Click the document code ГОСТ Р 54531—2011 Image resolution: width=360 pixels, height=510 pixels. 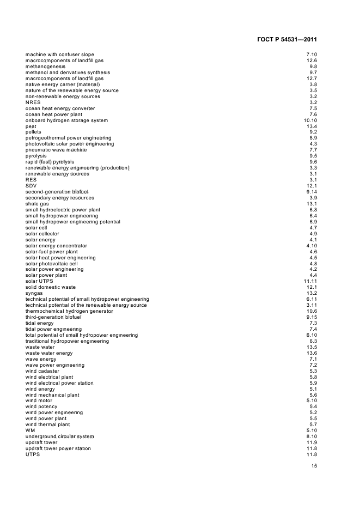286,40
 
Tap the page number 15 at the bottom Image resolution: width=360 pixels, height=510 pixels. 314,466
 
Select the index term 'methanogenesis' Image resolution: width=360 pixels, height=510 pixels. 45,66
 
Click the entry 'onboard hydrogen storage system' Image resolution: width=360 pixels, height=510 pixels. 66,120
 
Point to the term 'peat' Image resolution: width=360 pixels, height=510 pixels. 30,126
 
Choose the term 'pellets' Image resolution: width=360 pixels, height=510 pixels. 33,132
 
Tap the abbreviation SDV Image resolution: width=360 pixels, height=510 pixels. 32,186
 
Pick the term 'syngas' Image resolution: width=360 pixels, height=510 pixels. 34,293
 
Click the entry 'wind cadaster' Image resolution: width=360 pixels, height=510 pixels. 42,371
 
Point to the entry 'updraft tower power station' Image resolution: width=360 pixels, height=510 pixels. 58,448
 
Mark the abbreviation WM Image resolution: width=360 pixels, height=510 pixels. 30,430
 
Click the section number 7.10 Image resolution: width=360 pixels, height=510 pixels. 312,54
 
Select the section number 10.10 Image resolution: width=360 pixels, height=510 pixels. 310,120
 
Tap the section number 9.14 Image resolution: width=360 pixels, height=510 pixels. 312,192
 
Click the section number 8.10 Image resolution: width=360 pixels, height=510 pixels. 312,436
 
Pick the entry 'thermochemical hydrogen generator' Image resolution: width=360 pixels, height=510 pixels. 69,311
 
